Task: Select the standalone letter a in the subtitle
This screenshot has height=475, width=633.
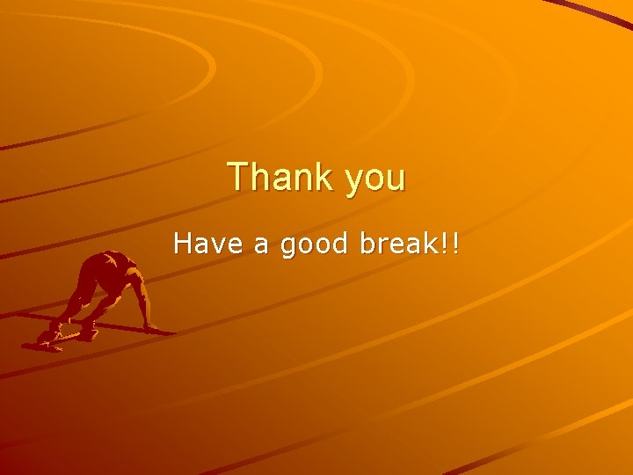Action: click(261, 244)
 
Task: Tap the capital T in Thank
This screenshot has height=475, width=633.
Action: click(238, 177)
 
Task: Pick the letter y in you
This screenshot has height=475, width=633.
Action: click(355, 182)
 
